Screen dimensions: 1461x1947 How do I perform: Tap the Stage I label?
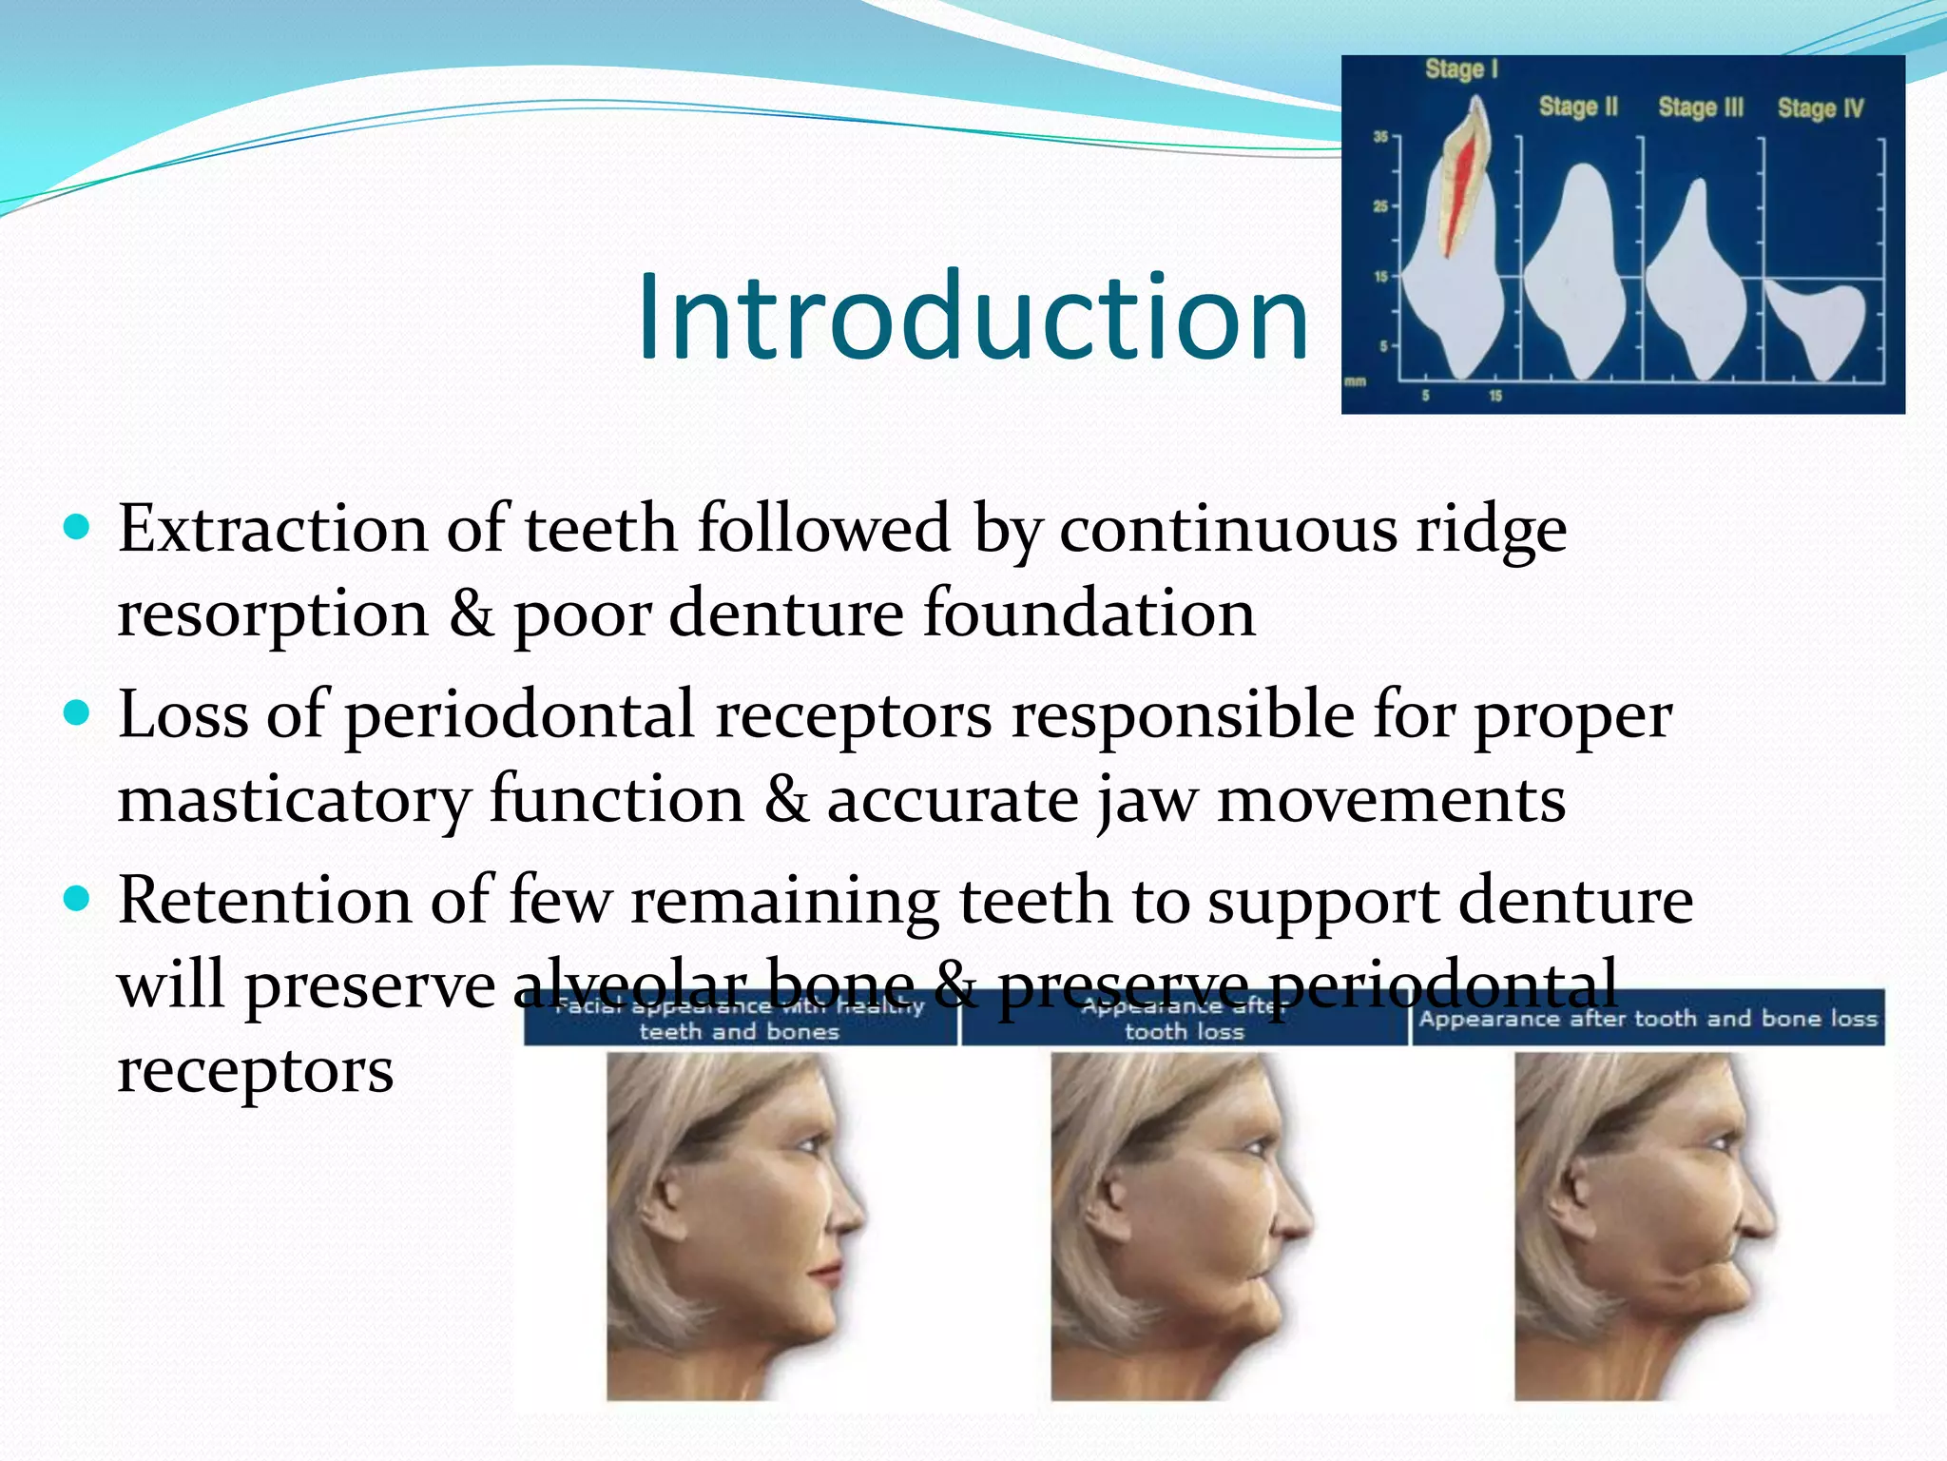point(1461,69)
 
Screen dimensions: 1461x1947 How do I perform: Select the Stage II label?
point(1578,107)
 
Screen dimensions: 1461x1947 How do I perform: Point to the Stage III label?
point(1701,107)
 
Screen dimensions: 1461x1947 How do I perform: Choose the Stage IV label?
point(1821,108)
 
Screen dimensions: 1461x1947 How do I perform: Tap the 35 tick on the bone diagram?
point(1380,137)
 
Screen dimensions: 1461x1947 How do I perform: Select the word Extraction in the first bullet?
point(273,529)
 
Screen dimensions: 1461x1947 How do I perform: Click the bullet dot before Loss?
point(77,713)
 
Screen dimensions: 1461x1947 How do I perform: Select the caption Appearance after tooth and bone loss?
point(1648,1019)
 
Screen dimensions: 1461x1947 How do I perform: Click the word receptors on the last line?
point(255,1071)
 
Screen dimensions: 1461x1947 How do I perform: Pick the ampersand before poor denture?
point(472,614)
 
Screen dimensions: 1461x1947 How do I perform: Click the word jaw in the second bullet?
point(1147,801)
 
